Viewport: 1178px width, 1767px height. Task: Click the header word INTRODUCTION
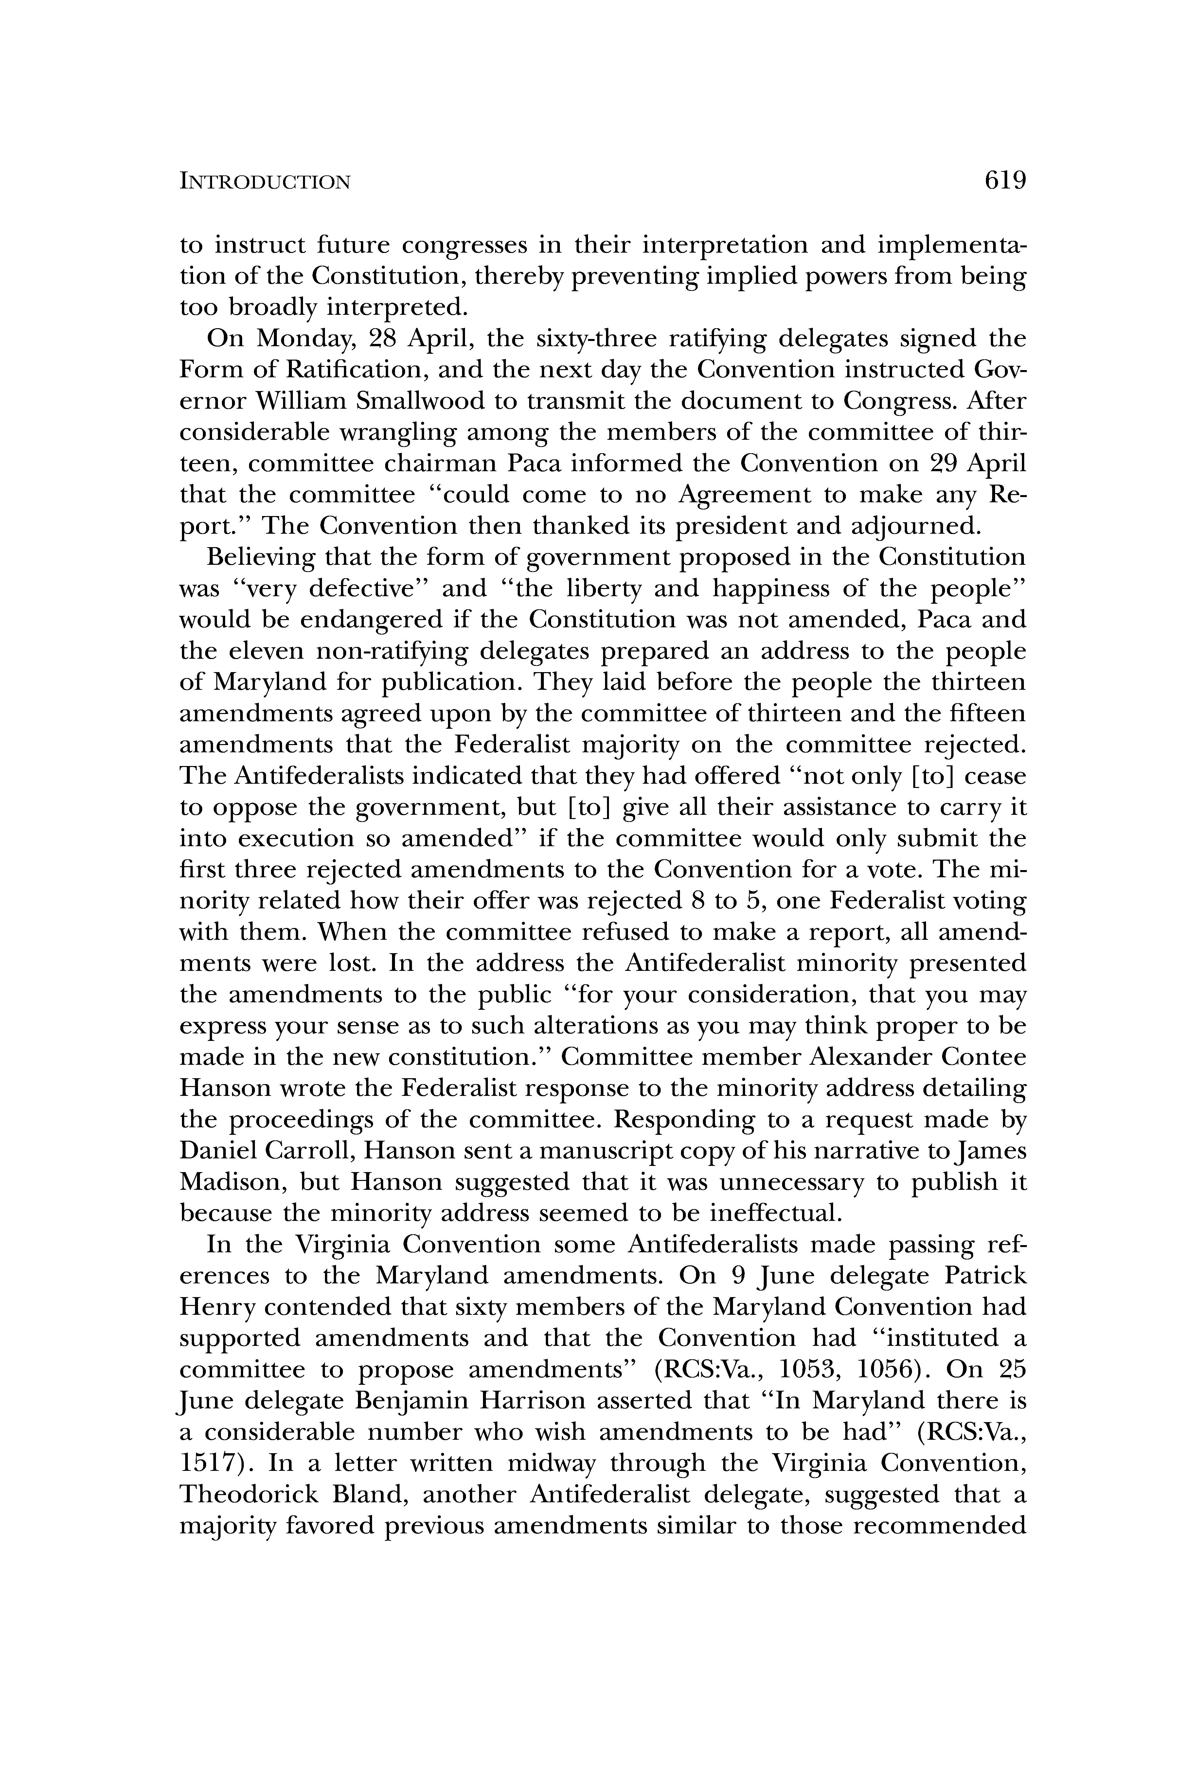[265, 182]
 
